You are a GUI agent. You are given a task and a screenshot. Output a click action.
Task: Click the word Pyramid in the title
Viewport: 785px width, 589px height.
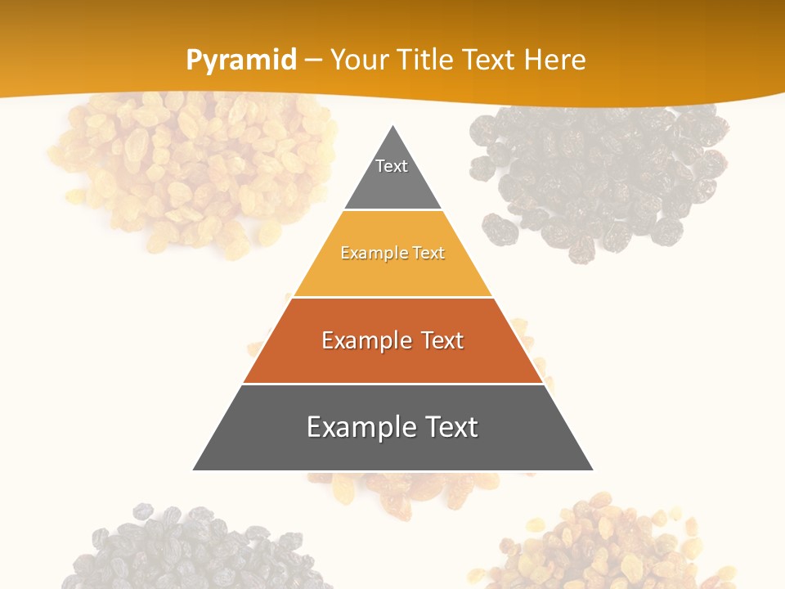click(x=240, y=61)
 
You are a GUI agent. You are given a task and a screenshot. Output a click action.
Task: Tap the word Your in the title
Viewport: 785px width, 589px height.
click(x=358, y=61)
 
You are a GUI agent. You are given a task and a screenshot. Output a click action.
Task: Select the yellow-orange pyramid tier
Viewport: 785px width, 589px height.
click(x=392, y=270)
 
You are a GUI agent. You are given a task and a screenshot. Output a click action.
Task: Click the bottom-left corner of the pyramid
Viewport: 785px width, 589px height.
click(x=194, y=470)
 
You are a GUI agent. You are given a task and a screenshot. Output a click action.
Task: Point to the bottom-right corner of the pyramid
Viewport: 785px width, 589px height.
click(x=592, y=470)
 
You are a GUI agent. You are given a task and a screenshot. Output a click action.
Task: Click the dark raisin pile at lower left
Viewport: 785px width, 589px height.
click(x=188, y=548)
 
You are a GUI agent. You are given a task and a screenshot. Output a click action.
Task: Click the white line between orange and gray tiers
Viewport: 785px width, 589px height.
click(x=392, y=384)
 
